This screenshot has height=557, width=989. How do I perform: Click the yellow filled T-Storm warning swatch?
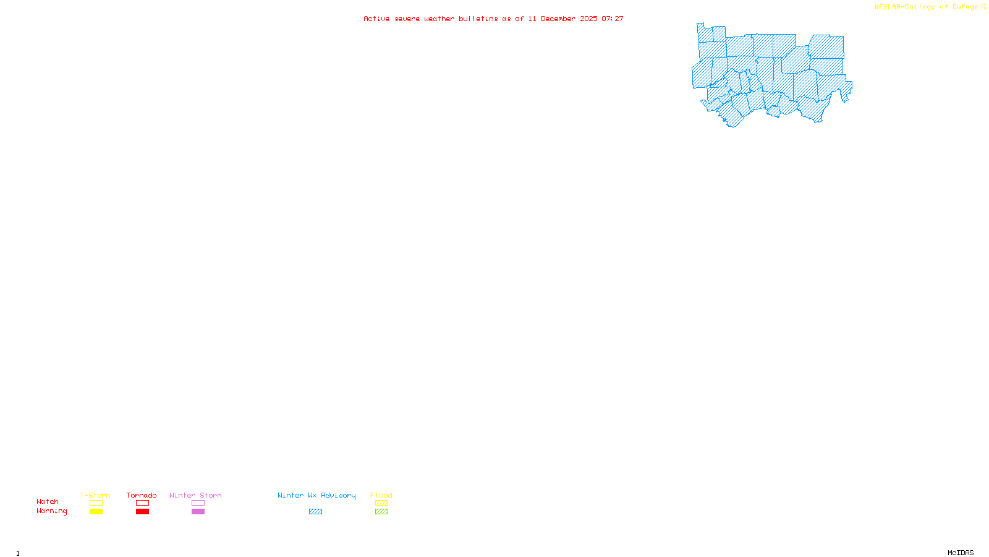point(96,512)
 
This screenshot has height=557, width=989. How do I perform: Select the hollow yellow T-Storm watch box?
point(96,503)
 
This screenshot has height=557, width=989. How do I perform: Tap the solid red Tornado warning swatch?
point(142,512)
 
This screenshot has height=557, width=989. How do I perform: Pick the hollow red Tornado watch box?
point(142,503)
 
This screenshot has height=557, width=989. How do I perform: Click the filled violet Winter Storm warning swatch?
point(198,512)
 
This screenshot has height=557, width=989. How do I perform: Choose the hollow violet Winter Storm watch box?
point(198,503)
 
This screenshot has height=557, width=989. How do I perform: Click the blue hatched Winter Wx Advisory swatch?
point(315,512)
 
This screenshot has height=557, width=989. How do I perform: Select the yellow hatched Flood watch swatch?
point(381,503)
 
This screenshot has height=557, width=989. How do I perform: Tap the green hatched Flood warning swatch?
point(381,512)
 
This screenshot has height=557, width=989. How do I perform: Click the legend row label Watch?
point(48,502)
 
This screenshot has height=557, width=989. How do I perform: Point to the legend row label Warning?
point(51,511)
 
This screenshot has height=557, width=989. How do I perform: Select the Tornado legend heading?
point(142,495)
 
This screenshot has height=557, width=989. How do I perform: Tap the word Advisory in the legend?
point(338,495)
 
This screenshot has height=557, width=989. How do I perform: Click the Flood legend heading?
point(381,495)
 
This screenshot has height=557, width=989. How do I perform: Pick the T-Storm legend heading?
point(95,495)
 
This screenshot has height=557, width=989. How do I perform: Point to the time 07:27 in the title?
point(613,19)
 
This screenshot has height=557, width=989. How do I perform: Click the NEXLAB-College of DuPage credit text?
point(927,7)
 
